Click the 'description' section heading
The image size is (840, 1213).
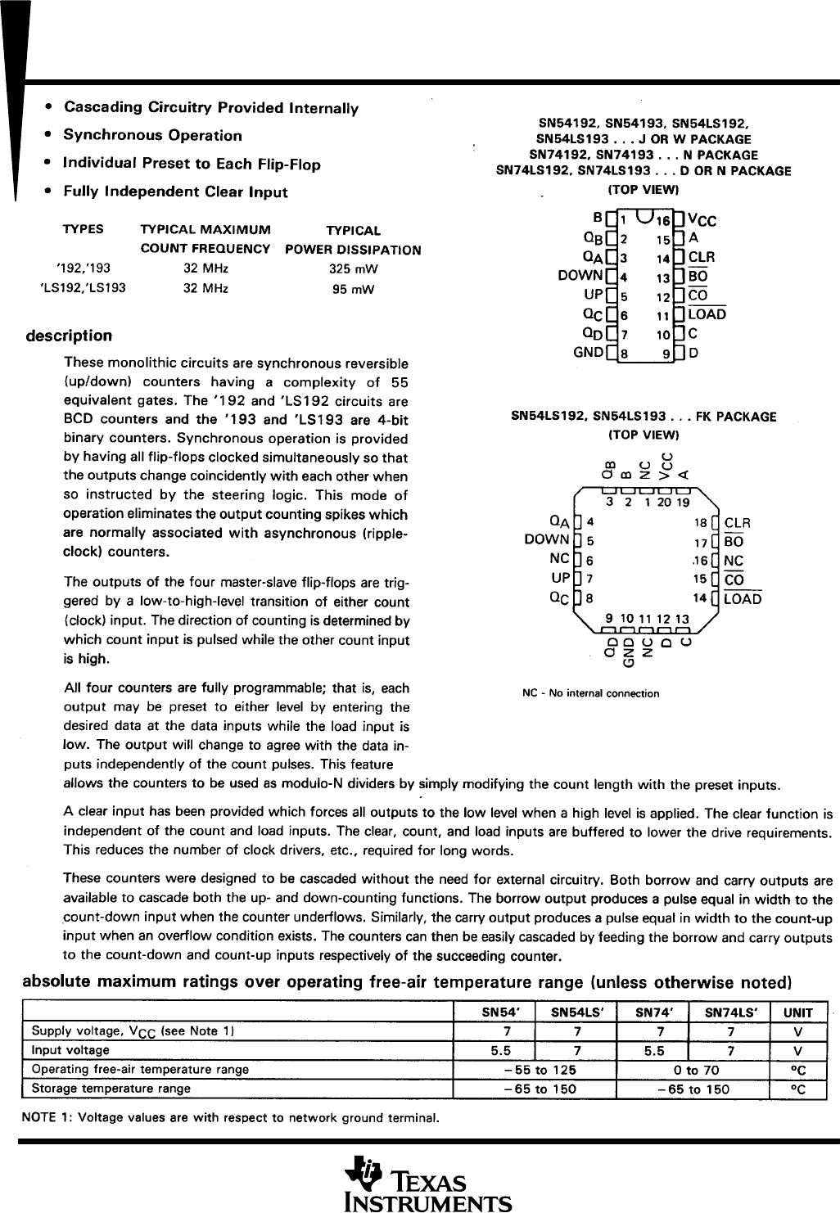(x=69, y=336)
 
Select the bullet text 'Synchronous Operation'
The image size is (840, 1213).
(x=152, y=136)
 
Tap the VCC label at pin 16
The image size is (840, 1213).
(x=702, y=220)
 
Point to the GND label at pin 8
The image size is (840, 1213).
(x=589, y=353)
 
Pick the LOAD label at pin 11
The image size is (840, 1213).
(x=707, y=314)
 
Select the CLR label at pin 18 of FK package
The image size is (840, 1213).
(x=738, y=523)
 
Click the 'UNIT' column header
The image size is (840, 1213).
(x=797, y=1012)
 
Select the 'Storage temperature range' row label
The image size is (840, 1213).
(x=111, y=1089)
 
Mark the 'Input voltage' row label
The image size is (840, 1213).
(x=70, y=1050)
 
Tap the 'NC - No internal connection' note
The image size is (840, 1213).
(x=590, y=693)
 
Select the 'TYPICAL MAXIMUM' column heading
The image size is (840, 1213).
(x=205, y=230)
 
